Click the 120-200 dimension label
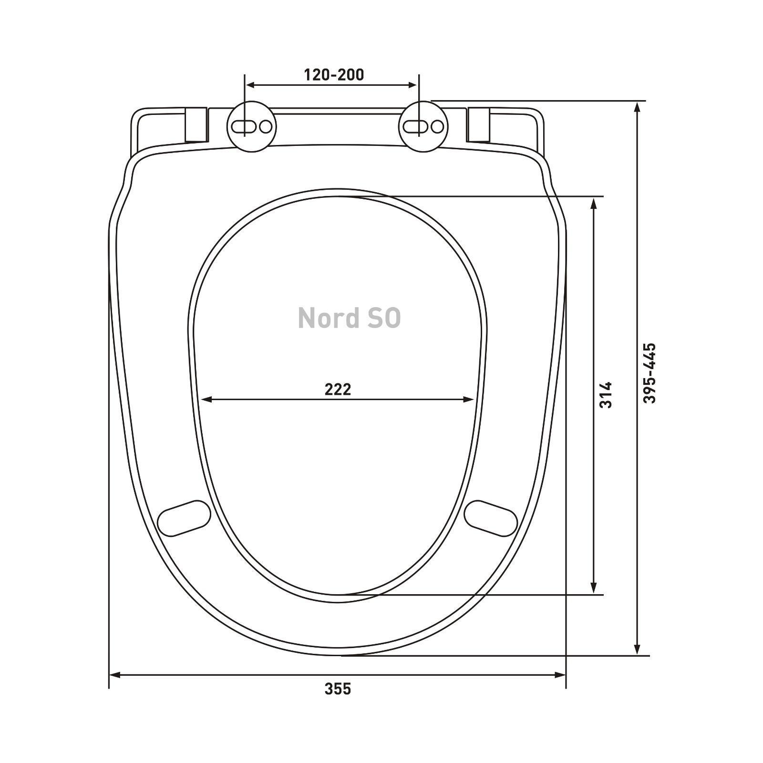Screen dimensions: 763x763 [x=334, y=75]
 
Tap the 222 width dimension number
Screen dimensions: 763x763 [x=338, y=390]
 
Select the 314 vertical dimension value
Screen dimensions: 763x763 [x=606, y=395]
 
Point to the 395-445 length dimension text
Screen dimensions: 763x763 [x=650, y=373]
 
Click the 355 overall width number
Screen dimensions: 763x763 [x=338, y=689]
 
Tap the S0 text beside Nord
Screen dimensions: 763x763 [x=384, y=318]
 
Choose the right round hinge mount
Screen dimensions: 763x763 [x=423, y=126]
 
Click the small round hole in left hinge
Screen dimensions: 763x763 [x=266, y=126]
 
